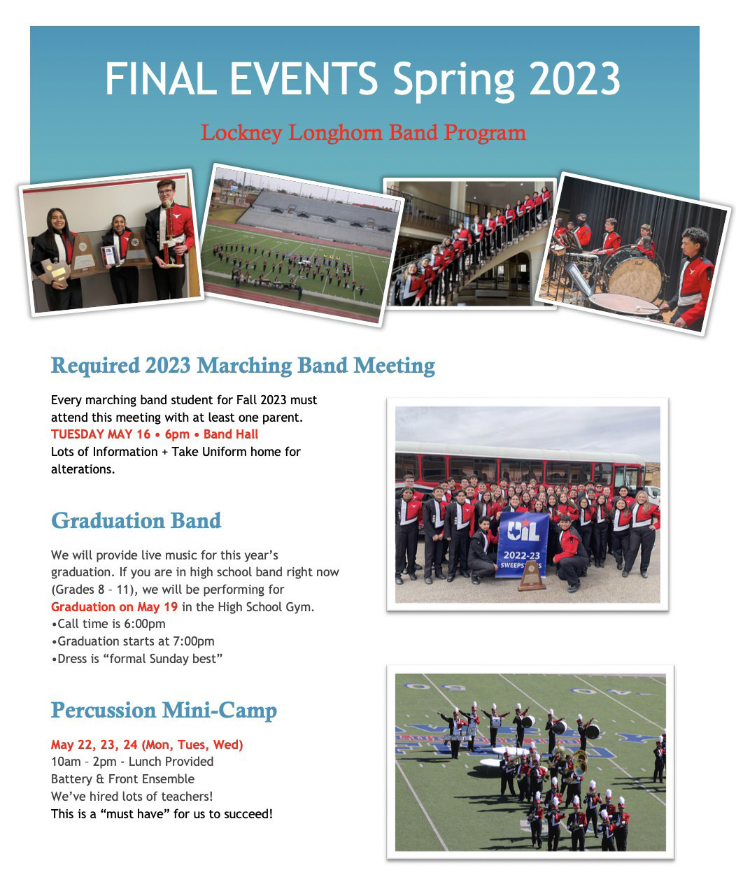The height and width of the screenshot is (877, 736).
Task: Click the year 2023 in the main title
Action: (x=574, y=78)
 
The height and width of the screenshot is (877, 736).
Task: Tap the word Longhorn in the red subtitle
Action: (x=335, y=133)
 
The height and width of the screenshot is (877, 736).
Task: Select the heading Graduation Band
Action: (x=136, y=521)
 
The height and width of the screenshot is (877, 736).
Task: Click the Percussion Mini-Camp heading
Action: (x=164, y=711)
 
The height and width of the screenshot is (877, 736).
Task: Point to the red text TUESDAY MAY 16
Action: (x=101, y=434)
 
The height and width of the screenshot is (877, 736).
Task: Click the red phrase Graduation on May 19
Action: (x=114, y=607)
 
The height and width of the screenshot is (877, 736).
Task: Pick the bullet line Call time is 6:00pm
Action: (x=108, y=624)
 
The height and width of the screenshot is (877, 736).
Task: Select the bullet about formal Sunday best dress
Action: (x=137, y=659)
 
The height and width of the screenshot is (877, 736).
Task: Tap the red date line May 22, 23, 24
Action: (x=147, y=745)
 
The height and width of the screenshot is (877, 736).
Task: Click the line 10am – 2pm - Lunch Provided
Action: (x=132, y=762)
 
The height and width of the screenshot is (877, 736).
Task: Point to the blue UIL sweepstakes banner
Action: (x=522, y=545)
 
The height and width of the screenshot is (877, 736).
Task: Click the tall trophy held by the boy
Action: (x=170, y=234)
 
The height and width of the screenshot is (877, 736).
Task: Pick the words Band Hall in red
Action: (x=231, y=434)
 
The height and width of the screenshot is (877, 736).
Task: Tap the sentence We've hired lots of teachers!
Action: (x=132, y=797)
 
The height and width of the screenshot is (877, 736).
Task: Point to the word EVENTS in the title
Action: (x=304, y=78)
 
